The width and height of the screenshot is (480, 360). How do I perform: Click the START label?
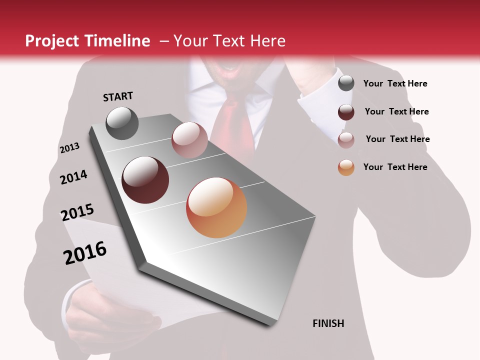click(x=118, y=96)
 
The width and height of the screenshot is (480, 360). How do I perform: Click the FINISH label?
click(x=328, y=323)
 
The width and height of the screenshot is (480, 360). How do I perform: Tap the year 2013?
click(x=69, y=148)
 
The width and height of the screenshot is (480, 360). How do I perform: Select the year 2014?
click(x=73, y=177)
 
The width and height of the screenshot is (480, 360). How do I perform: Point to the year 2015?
click(x=77, y=212)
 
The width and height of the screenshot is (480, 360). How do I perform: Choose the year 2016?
click(x=85, y=253)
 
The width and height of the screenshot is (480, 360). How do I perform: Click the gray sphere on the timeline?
click(x=122, y=123)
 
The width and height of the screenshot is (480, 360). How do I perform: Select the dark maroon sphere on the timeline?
click(x=145, y=180)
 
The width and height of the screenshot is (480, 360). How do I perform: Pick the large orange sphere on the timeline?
click(x=216, y=207)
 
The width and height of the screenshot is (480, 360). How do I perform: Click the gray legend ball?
click(x=346, y=83)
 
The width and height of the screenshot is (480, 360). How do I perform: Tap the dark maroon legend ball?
click(x=346, y=112)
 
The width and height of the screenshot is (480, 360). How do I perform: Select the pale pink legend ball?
click(x=346, y=140)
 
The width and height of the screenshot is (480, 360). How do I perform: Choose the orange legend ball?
click(x=346, y=167)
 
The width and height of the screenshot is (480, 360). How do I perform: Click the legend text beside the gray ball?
click(x=395, y=83)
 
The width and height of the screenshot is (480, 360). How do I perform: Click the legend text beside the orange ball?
click(x=395, y=167)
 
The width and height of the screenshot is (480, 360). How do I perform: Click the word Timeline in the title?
click(x=119, y=41)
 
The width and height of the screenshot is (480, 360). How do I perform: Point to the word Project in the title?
click(x=51, y=41)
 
